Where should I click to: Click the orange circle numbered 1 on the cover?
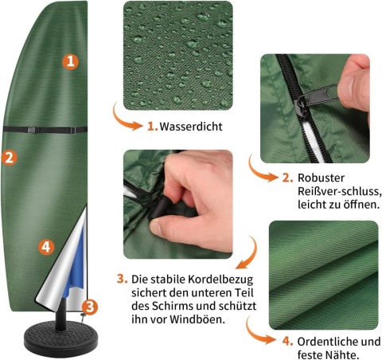[x=71, y=60]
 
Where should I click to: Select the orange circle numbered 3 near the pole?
[x=90, y=306]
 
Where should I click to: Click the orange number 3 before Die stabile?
[x=122, y=280]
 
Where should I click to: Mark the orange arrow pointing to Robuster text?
[x=257, y=169]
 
